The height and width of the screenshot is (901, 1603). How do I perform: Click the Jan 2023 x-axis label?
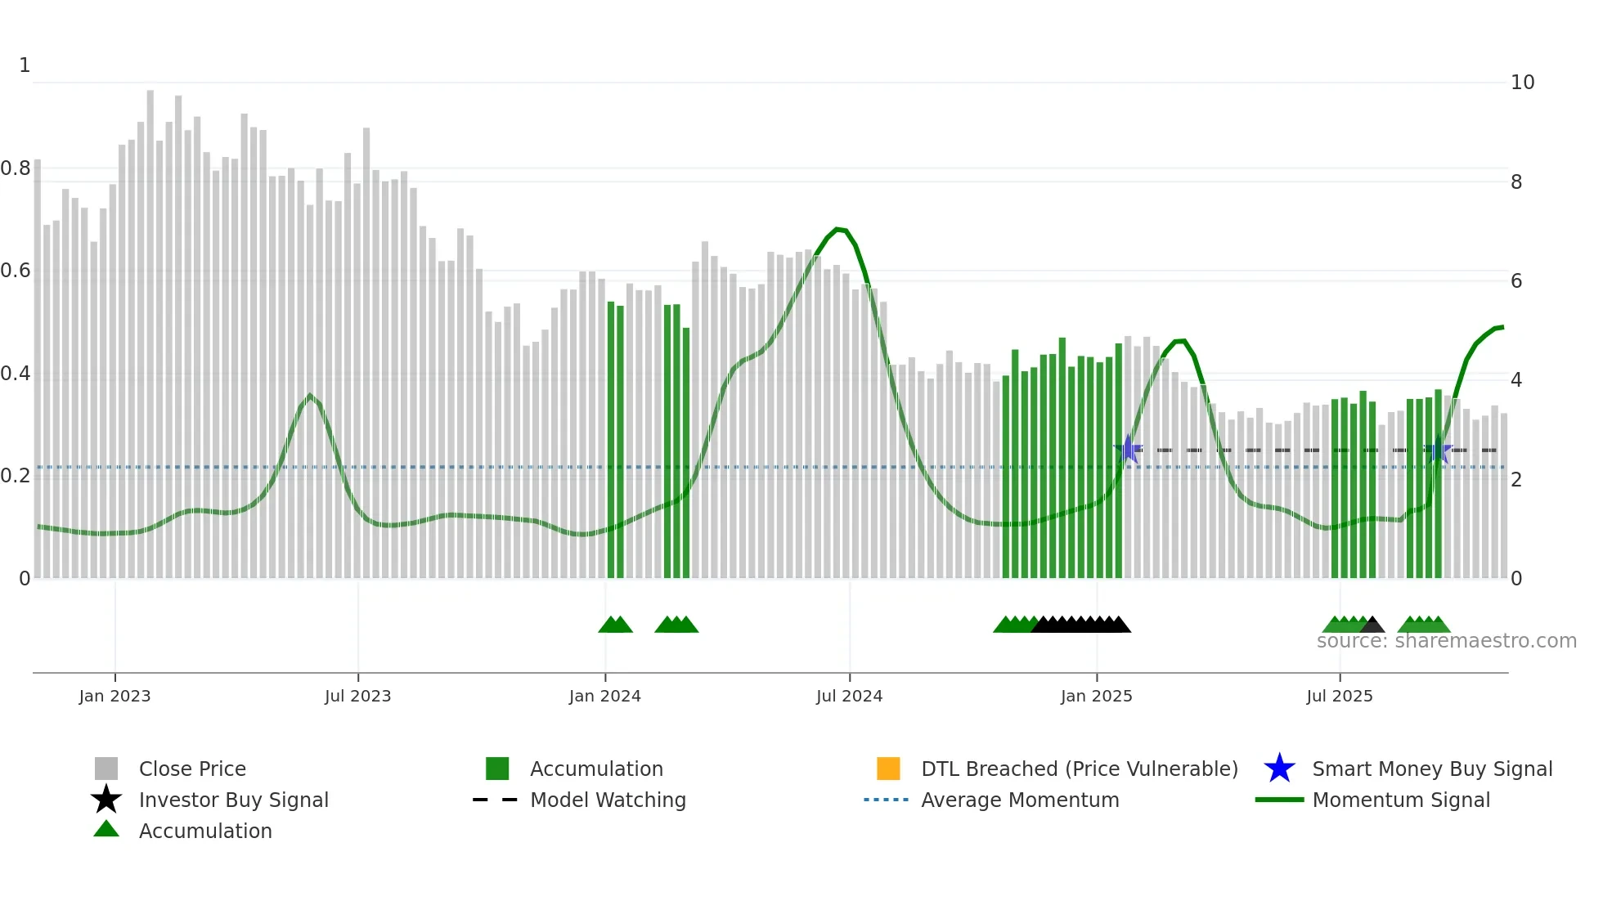[x=114, y=696]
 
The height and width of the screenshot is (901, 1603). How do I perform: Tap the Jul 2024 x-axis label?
[x=849, y=696]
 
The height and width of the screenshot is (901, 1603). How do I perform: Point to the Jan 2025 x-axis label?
[x=1096, y=696]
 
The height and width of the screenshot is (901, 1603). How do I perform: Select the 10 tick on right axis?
[x=1522, y=83]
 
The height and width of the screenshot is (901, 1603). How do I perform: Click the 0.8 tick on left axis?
[x=16, y=168]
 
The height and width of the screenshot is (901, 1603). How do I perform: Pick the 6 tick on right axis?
[x=1516, y=281]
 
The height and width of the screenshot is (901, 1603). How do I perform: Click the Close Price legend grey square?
[x=106, y=769]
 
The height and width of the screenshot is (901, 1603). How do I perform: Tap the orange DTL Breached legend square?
[x=888, y=769]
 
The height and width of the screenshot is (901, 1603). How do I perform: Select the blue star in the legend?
[x=1279, y=769]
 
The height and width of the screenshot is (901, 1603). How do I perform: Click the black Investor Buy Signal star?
[x=106, y=800]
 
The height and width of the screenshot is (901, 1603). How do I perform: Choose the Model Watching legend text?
[x=608, y=800]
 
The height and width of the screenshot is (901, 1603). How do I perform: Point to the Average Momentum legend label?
[x=1020, y=800]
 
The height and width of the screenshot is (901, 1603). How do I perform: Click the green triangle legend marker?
[x=106, y=829]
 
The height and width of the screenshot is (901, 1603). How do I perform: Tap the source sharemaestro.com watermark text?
[x=1446, y=641]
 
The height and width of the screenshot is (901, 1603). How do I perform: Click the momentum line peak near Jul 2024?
[x=837, y=229]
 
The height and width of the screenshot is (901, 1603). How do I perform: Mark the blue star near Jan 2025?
[x=1129, y=449]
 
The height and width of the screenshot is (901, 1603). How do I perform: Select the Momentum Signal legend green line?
[x=1279, y=800]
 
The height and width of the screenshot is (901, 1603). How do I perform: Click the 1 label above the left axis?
[x=25, y=65]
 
